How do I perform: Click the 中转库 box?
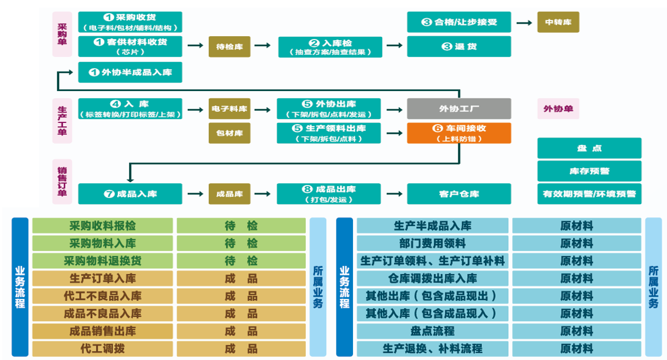(x=558, y=22)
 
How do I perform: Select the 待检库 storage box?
(x=229, y=47)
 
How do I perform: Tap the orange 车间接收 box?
(x=458, y=133)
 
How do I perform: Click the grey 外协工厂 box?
(x=458, y=109)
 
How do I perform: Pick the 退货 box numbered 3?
(x=458, y=47)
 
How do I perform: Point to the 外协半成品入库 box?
(x=130, y=72)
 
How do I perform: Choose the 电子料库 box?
(x=229, y=109)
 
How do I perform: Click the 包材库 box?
(x=229, y=133)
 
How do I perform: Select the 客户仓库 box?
(x=458, y=194)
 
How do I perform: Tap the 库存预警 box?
(x=589, y=171)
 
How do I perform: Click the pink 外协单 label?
(x=558, y=109)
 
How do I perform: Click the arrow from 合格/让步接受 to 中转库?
(x=524, y=22)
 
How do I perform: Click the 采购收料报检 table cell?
(x=103, y=226)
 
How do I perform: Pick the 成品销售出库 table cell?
(x=103, y=331)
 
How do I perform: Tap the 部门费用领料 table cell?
(x=433, y=243)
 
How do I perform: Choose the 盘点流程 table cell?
(x=433, y=331)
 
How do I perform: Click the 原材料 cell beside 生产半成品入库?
(x=576, y=226)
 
